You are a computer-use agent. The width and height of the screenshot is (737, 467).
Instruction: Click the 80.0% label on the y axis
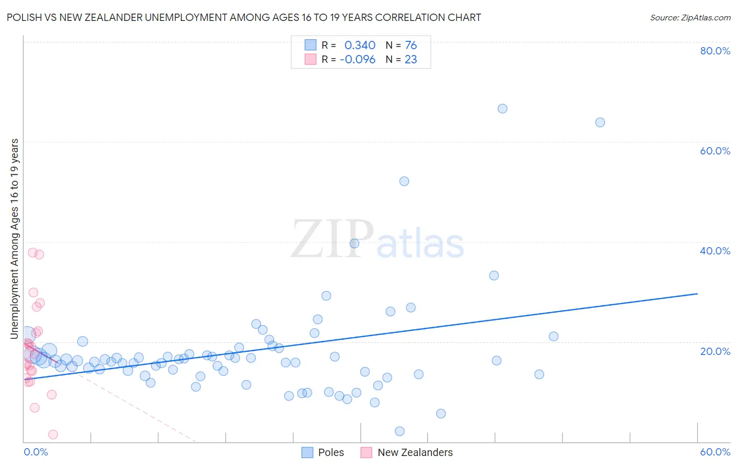(x=715, y=51)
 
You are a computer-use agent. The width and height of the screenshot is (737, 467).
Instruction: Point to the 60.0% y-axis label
(x=715, y=151)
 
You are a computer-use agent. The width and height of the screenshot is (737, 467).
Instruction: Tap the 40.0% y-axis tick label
(x=715, y=251)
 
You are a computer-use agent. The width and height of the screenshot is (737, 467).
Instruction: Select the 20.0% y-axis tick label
(x=715, y=351)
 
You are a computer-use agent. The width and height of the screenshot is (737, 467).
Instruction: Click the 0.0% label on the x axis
(x=36, y=452)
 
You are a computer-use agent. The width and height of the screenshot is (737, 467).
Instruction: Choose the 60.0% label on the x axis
(x=715, y=452)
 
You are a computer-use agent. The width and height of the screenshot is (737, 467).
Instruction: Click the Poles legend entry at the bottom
(x=331, y=452)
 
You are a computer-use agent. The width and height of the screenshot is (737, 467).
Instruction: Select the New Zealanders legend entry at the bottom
(x=415, y=452)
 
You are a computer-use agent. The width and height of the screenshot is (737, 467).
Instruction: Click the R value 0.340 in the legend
(x=360, y=46)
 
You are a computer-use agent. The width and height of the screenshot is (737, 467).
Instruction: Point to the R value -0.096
(x=357, y=60)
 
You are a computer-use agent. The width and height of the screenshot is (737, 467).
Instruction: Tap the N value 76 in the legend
(x=411, y=46)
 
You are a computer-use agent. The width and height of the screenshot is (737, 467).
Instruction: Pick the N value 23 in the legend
(x=411, y=60)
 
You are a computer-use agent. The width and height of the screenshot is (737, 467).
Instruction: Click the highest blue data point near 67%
(x=502, y=109)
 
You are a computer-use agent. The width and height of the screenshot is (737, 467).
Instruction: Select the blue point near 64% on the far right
(x=600, y=123)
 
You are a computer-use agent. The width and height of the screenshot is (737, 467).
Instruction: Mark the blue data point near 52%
(x=404, y=181)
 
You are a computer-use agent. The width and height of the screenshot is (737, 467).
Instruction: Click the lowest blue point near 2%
(x=399, y=431)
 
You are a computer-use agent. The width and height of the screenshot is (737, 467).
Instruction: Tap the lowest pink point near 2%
(x=53, y=435)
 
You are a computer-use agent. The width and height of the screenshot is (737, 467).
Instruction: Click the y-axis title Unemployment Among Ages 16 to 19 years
(x=15, y=239)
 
